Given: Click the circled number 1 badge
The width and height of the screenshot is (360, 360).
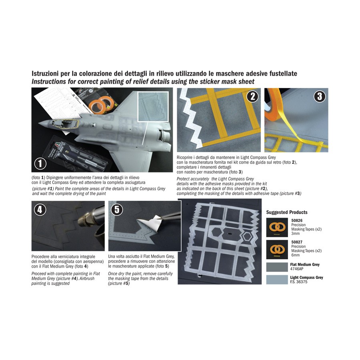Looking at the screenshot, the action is point(40,164).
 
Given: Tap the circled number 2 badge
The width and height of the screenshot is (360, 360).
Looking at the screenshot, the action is point(252,96).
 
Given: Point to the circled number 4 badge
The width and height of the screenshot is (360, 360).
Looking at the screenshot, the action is point(40,210).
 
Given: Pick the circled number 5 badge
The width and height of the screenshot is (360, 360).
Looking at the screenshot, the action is point(117,210).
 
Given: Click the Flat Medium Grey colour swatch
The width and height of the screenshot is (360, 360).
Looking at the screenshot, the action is point(277,267).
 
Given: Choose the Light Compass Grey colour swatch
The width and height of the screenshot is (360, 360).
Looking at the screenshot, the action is point(277,280).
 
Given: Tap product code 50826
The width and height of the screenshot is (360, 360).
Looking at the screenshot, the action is point(297,220).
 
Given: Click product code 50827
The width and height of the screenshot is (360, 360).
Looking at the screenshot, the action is point(297,242).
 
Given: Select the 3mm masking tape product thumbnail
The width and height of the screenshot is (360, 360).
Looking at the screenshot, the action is point(277,227).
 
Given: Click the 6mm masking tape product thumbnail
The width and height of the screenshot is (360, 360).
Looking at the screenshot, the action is point(277,250).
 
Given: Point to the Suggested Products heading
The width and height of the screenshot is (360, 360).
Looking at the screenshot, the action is point(287,212).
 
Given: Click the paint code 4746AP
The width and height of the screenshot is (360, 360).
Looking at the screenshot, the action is point(297,269).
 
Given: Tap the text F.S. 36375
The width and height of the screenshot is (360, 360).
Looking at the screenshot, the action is point(299,282).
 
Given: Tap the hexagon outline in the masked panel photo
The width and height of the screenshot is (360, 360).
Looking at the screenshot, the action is point(247,236).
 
